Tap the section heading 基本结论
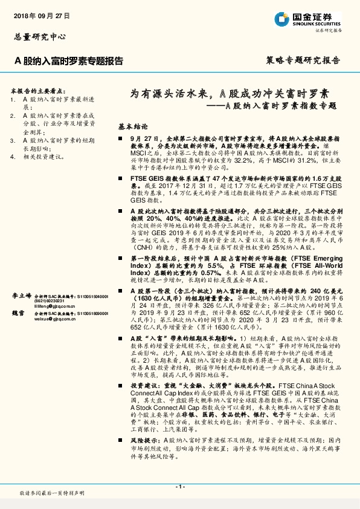[132, 128]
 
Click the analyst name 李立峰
[22, 297]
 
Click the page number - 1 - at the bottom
[179, 487]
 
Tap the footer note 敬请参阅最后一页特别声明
[52, 494]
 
